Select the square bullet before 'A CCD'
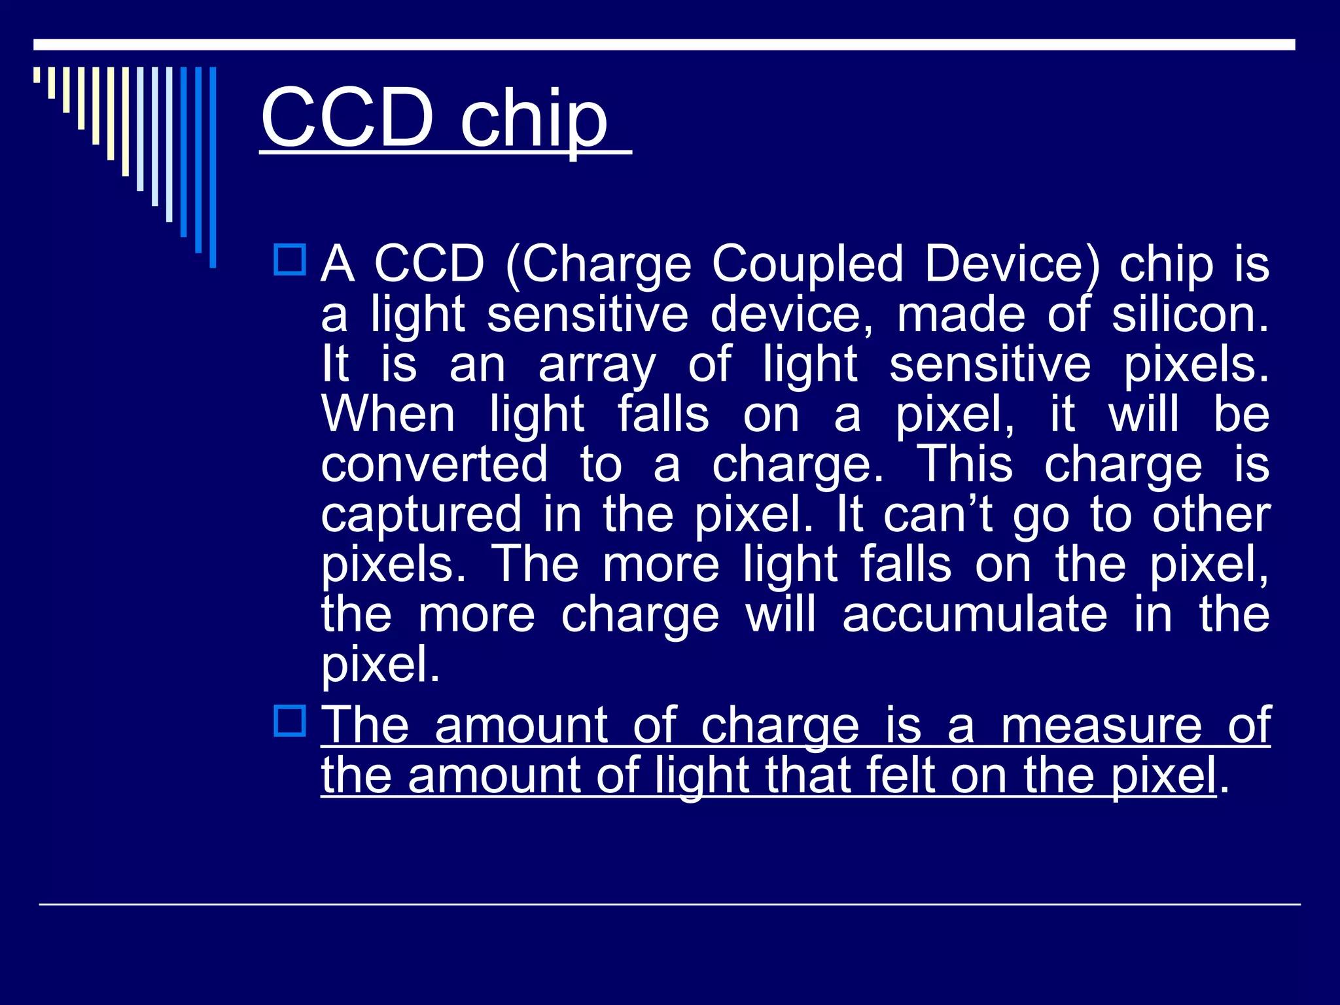point(289,260)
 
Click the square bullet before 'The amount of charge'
point(289,721)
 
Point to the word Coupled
point(807,265)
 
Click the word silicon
point(1190,315)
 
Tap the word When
point(388,415)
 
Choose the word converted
point(434,465)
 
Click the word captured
point(421,515)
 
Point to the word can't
point(938,515)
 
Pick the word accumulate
point(975,615)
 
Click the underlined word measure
point(1102,726)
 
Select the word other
point(1211,515)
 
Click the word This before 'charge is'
point(965,465)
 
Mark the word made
point(961,315)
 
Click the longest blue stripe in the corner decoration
point(213,167)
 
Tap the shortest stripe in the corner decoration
point(37,75)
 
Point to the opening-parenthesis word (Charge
point(598,265)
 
